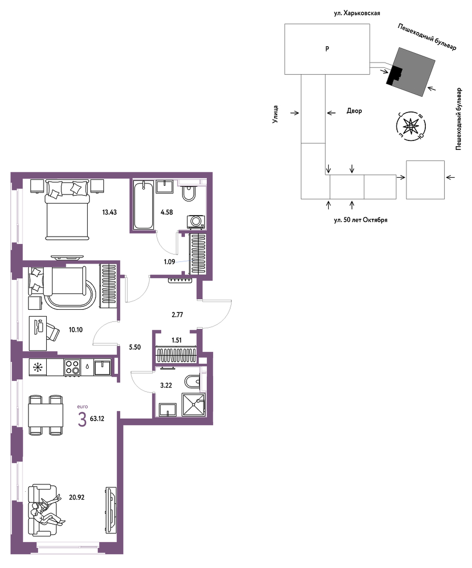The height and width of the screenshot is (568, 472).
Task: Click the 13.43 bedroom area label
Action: click(x=109, y=212)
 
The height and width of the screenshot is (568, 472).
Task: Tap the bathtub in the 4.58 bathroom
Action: click(x=143, y=205)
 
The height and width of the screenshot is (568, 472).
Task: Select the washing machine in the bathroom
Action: click(x=196, y=222)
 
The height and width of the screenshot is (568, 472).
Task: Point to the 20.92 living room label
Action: click(x=77, y=498)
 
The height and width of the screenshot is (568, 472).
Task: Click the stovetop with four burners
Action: click(x=72, y=367)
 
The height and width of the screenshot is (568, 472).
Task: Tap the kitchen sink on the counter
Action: click(x=103, y=367)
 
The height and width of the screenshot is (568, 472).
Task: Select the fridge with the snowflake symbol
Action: click(x=38, y=367)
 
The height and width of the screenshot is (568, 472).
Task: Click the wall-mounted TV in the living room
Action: click(x=111, y=510)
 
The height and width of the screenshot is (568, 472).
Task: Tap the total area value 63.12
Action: click(x=97, y=419)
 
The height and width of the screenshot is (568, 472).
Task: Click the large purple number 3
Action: click(x=82, y=420)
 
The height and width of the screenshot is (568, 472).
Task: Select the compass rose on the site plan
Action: click(x=411, y=126)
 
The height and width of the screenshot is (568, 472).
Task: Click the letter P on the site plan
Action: click(x=327, y=48)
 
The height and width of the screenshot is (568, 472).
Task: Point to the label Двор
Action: click(x=354, y=111)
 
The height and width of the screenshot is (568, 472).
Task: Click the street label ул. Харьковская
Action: click(x=356, y=13)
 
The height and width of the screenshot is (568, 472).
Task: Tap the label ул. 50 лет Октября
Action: click(x=361, y=220)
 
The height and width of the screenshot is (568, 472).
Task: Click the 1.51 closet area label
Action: click(x=176, y=340)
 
